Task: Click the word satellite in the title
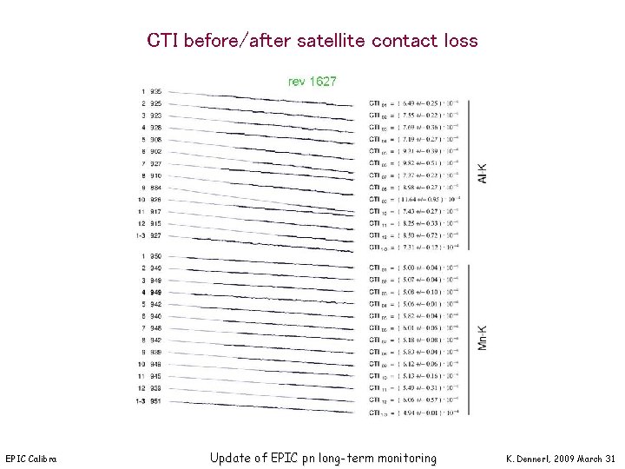pos(331,41)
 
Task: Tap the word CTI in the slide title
pos(165,41)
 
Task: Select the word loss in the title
pos(457,41)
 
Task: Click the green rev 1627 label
pos(312,81)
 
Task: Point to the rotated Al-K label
pos(483,173)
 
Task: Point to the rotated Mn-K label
pos(483,339)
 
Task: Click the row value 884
pos(155,188)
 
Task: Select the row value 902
pos(155,151)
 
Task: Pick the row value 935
pos(155,91)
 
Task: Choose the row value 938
pos(155,389)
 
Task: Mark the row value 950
pos(155,256)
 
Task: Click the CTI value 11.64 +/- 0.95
pos(417,199)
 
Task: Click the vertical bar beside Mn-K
pos(469,339)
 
